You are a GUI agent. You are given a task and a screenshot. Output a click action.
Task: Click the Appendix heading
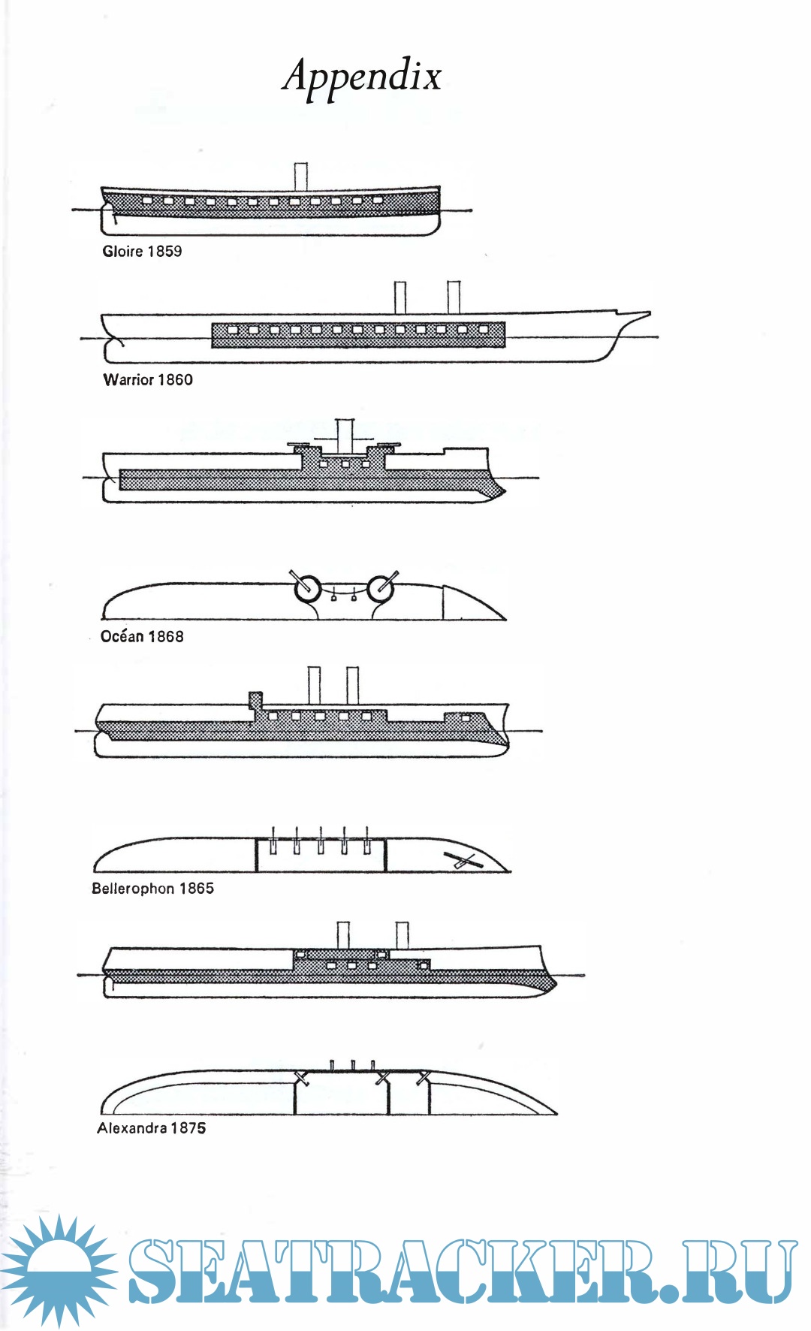362,76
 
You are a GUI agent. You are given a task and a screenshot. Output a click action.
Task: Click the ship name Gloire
122,252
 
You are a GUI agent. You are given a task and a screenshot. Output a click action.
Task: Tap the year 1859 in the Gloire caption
164,252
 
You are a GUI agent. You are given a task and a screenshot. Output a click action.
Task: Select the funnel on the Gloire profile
301,177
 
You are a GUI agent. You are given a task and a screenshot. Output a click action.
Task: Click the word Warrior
128,380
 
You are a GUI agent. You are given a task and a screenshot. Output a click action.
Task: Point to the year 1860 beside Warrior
175,380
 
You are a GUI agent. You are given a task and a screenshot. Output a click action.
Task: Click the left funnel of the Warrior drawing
400,297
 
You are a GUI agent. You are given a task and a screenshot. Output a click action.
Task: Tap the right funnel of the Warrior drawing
454,297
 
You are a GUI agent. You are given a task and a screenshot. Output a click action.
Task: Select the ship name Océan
122,637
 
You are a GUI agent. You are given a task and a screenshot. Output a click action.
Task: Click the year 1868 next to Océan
165,637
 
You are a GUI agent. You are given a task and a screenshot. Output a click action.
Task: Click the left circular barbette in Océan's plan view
308,590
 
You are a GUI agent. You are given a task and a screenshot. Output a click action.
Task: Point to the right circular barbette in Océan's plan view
381,590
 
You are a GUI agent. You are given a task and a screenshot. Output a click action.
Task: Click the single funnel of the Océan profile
345,436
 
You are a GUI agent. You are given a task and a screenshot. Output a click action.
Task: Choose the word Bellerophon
133,889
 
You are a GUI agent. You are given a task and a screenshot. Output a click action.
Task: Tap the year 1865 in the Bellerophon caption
196,889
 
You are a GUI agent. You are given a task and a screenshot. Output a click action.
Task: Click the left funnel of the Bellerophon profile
315,685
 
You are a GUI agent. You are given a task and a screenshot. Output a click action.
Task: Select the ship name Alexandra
131,1128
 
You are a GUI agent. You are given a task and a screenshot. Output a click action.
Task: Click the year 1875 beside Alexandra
188,1128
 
